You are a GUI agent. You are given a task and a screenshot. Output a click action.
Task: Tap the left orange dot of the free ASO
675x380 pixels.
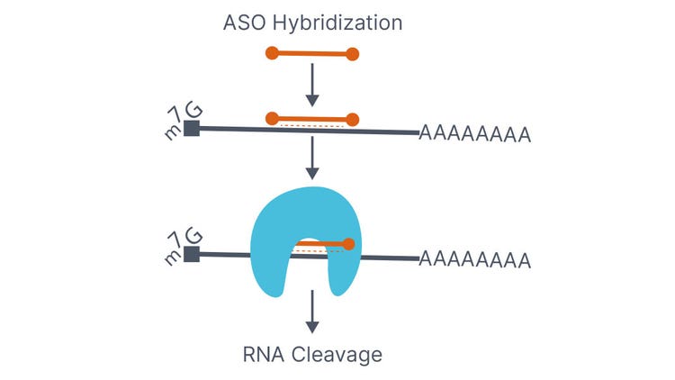[x=272, y=54]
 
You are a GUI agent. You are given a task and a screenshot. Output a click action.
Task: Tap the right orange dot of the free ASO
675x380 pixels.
[x=353, y=54]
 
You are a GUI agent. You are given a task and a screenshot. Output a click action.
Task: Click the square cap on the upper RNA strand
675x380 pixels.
[x=191, y=129]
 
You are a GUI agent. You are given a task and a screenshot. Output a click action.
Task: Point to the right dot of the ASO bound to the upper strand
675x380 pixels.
[x=353, y=119]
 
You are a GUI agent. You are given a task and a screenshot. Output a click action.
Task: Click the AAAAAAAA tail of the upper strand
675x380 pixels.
[x=474, y=136]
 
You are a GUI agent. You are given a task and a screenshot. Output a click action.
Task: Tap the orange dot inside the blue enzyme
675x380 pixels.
[x=348, y=243]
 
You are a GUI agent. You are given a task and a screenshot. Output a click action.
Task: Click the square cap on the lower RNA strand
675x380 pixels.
[x=191, y=254]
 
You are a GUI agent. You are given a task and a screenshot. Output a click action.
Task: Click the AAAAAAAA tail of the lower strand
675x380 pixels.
[x=474, y=261]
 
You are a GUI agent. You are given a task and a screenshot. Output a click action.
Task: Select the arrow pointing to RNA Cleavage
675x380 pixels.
[x=312, y=312]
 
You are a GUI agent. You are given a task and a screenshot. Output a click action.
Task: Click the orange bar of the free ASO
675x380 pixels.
[x=312, y=54]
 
